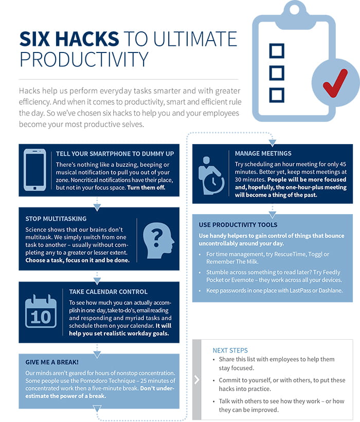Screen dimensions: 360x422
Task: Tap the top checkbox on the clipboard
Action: (277, 50)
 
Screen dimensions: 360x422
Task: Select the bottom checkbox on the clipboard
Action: (277, 95)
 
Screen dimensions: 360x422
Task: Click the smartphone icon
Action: (34, 170)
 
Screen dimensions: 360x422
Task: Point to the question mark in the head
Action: (157, 238)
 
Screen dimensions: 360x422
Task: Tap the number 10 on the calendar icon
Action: (41, 317)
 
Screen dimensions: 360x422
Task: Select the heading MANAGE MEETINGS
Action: (263, 153)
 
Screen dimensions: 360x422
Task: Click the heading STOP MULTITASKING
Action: (56, 219)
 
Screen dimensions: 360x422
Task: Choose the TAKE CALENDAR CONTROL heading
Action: (108, 292)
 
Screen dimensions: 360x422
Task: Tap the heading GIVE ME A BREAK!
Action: (52, 362)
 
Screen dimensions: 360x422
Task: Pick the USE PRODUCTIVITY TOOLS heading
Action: (238, 225)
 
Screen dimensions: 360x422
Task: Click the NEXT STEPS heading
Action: (230, 350)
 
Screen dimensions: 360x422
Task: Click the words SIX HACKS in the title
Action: (69, 39)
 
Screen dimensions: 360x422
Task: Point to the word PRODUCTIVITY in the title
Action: (84, 59)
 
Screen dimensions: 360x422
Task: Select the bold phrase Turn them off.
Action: (146, 188)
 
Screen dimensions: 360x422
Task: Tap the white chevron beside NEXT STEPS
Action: (197, 379)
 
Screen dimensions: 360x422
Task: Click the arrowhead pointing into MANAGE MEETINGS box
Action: (273, 143)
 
